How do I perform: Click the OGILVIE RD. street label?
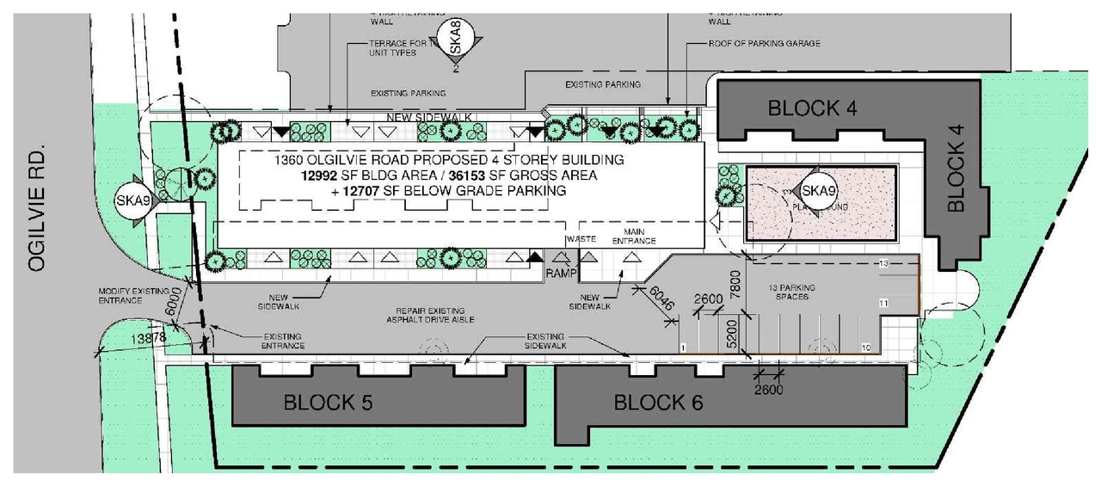pyautogui.click(x=35, y=210)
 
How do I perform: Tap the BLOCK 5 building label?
pyautogui.click(x=329, y=402)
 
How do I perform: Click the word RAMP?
pyautogui.click(x=561, y=273)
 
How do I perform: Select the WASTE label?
pyautogui.click(x=581, y=240)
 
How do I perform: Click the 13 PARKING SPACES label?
pyautogui.click(x=792, y=292)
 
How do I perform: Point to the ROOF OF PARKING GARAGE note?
pyautogui.click(x=764, y=43)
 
